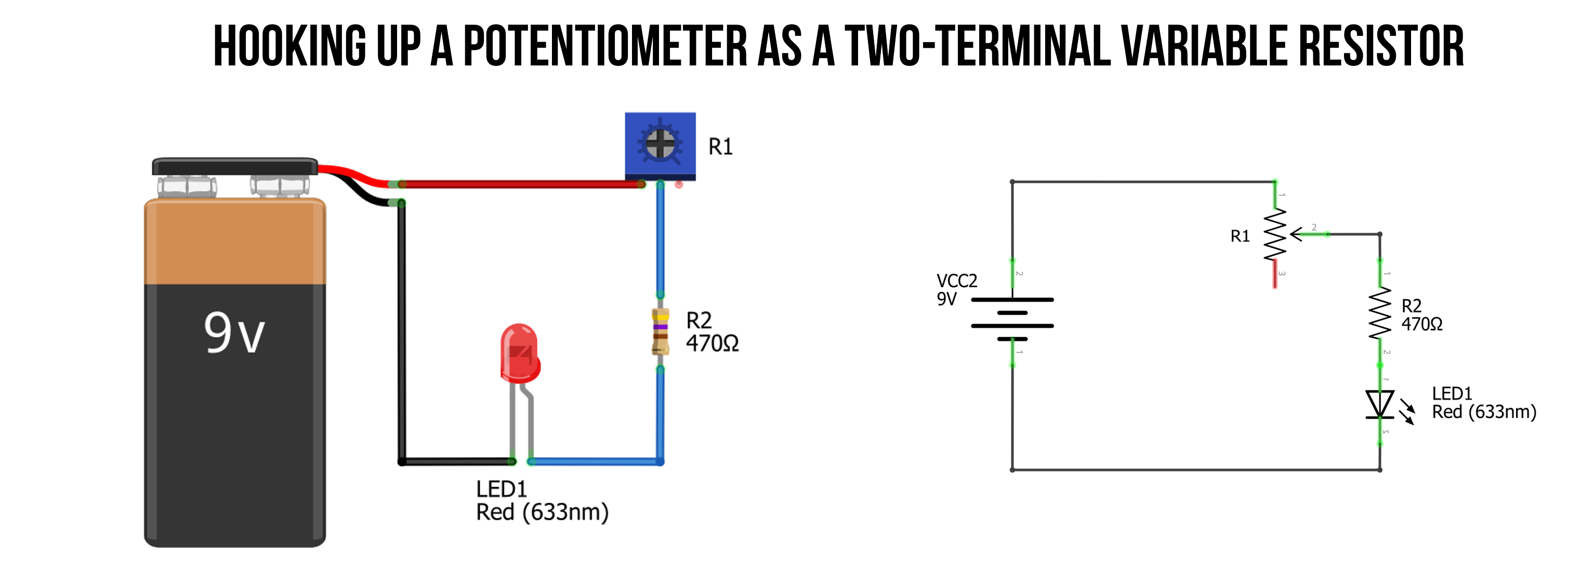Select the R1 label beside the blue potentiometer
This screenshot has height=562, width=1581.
click(x=720, y=146)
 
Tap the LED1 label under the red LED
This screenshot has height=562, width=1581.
click(x=502, y=489)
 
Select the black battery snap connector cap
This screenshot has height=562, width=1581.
click(x=234, y=166)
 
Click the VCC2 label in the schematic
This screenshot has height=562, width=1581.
click(x=957, y=281)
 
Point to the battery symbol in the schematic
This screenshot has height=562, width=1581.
click(x=1012, y=319)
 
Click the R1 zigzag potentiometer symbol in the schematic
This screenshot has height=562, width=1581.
click(x=1275, y=234)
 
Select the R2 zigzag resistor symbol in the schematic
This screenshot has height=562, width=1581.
click(x=1380, y=313)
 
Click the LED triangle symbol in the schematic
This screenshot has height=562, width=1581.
click(x=1380, y=404)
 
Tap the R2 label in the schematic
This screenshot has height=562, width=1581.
click(x=1412, y=305)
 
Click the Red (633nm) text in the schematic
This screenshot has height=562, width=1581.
click(x=1484, y=412)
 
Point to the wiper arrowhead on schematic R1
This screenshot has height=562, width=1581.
click(x=1296, y=234)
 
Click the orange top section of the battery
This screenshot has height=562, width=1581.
click(x=234, y=243)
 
